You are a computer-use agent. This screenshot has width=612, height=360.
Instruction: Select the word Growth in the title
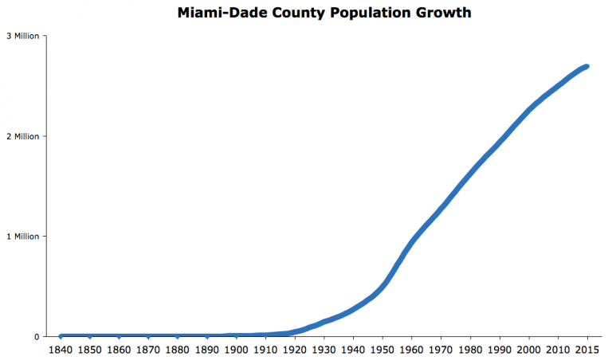[413, 14]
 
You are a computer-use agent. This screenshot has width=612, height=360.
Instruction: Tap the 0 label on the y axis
[36, 336]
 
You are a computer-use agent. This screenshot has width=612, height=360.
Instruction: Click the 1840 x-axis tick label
[61, 350]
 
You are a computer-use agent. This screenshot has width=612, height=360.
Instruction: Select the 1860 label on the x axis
[119, 350]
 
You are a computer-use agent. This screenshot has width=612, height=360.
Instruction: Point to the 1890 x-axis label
[206, 350]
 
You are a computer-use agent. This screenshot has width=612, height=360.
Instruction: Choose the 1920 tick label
[294, 350]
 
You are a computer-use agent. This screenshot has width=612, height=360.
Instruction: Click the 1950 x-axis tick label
[382, 350]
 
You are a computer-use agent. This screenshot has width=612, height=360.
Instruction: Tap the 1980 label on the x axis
[469, 350]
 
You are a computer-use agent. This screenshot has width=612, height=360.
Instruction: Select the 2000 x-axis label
[528, 350]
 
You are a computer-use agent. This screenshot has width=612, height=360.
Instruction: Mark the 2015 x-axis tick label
[586, 350]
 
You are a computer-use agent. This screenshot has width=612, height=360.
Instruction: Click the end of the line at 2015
[586, 67]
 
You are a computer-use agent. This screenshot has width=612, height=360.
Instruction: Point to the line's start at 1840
[61, 336]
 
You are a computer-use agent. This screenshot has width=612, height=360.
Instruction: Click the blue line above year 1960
[411, 240]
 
